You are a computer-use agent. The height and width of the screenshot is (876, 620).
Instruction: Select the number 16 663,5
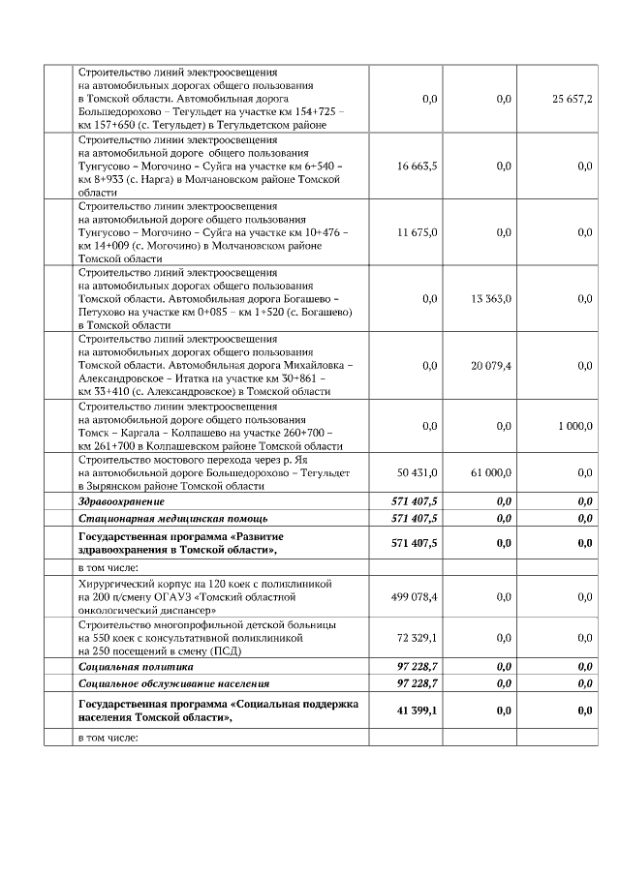[418, 166]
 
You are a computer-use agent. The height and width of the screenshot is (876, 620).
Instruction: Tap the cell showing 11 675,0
[418, 232]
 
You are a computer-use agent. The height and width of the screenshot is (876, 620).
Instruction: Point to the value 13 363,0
[491, 299]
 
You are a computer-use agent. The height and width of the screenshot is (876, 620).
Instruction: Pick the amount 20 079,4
[491, 365]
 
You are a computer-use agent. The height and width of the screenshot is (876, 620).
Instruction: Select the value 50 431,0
[418, 471]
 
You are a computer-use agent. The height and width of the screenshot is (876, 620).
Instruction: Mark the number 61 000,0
[491, 471]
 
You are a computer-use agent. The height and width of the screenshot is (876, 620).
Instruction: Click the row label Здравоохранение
[121, 501]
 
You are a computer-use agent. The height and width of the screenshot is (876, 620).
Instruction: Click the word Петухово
[105, 312]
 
